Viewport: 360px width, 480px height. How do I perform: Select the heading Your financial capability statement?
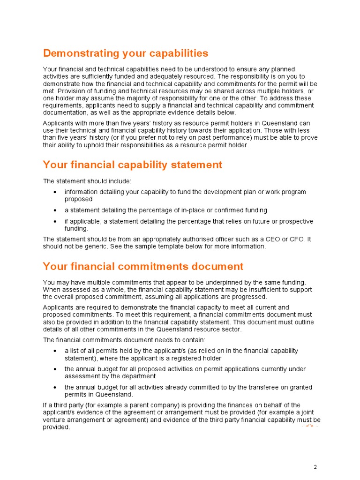[132, 165]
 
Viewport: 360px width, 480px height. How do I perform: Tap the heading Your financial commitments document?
[143, 267]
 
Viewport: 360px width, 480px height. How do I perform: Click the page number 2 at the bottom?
[315, 467]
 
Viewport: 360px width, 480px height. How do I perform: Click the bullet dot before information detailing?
[55, 192]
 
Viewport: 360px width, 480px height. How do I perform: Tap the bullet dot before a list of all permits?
[55, 351]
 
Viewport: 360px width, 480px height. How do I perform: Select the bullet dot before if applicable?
[55, 221]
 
